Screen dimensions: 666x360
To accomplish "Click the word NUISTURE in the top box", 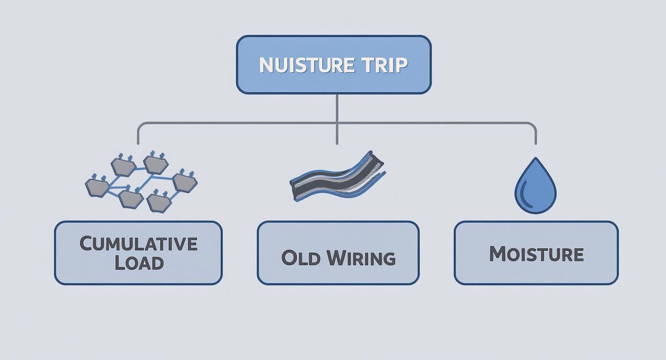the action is tap(307, 65).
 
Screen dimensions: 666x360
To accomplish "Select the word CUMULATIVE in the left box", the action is tap(139, 244).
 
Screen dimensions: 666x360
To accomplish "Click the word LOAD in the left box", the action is tap(139, 263).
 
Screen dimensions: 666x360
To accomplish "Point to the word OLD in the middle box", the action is tap(300, 258).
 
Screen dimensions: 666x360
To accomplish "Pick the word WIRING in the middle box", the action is tap(362, 258).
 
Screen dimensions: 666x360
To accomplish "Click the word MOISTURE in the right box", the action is tap(536, 254).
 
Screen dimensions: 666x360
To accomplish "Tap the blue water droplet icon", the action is tap(535, 185).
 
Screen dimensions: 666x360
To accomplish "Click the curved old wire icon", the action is tap(337, 177).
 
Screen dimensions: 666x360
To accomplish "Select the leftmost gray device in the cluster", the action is tap(97, 186).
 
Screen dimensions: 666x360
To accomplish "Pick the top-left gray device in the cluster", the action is tap(123, 165).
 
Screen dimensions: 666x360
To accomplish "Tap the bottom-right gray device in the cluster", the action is tap(159, 201).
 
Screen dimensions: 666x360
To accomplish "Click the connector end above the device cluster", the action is tap(138, 144).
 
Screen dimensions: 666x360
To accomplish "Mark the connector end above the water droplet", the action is tap(536, 144).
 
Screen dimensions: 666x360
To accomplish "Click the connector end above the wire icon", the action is tap(337, 144).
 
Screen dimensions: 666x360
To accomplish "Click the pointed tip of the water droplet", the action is tap(536, 157).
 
